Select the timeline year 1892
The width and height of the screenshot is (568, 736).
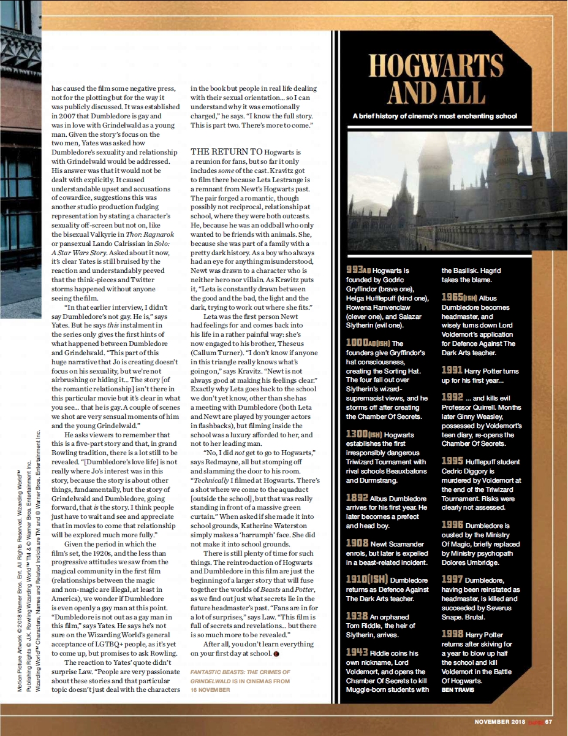coord(357,499)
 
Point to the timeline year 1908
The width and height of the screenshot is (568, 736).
coord(357,543)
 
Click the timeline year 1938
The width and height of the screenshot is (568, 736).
coord(357,615)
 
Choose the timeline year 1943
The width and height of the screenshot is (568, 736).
coord(357,652)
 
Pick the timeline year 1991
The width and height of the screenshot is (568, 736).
coord(452,370)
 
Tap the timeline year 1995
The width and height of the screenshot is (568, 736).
coord(452,461)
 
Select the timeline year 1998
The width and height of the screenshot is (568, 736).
coord(452,634)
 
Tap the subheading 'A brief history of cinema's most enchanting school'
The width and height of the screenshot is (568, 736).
coord(434,116)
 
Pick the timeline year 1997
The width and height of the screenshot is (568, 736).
coord(452,579)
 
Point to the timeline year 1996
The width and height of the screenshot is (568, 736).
coord(452,525)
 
